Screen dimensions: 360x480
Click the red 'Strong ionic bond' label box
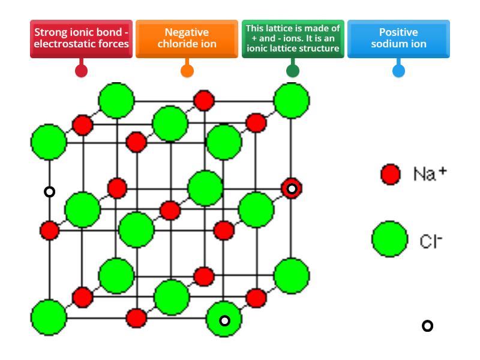pos(81,39)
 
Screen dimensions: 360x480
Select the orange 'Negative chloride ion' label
pos(187,39)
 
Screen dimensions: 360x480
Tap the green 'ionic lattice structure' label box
pos(293,39)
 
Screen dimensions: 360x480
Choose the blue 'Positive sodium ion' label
pos(398,39)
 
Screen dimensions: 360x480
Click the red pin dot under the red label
pos(81,71)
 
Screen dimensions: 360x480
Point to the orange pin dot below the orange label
pos(187,71)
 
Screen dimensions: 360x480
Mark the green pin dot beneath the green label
pos(293,71)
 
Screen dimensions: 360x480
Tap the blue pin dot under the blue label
pos(398,71)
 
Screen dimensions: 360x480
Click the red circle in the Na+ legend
pos(391,174)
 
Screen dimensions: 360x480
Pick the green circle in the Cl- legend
pos(389,239)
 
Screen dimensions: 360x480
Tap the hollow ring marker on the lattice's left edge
pos(50,191)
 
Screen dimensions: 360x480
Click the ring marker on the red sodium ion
pos(292,189)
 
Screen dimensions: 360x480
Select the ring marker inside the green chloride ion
pos(224,320)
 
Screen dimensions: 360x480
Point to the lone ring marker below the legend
pos(427,326)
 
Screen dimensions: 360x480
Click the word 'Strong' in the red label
pos(51,33)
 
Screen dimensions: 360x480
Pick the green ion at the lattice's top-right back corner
pos(292,100)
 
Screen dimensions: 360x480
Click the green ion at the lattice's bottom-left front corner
pos(49,317)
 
